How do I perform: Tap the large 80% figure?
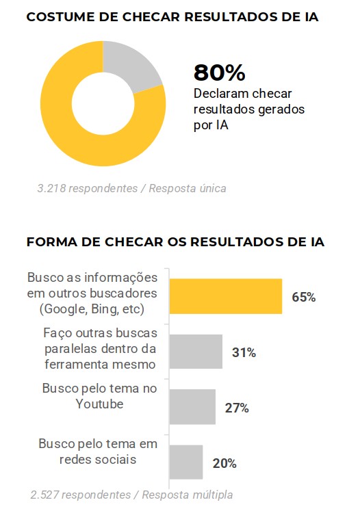click(x=219, y=72)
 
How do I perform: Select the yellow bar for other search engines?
click(x=225, y=296)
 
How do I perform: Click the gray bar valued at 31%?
click(x=195, y=352)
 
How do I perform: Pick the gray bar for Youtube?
click(x=192, y=407)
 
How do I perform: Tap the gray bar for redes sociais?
click(x=185, y=462)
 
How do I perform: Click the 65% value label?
click(x=303, y=297)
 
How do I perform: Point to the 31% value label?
click(x=243, y=353)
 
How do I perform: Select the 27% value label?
click(x=236, y=408)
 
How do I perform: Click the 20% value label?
click(x=224, y=463)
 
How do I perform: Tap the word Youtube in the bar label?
click(x=99, y=404)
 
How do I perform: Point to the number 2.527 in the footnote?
click(x=46, y=495)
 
